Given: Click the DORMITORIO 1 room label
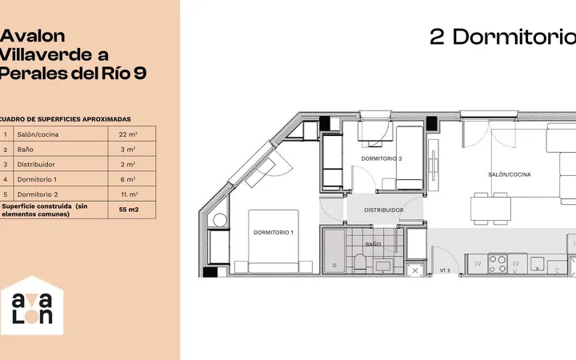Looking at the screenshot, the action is [x=274, y=233].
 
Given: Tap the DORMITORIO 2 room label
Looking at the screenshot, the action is [x=382, y=158].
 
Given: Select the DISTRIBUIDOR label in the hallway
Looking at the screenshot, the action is [x=384, y=210].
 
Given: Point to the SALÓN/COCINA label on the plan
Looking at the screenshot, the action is [x=509, y=174].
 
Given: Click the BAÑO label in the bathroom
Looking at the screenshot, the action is [x=373, y=244].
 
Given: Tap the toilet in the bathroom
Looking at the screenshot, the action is [x=360, y=263].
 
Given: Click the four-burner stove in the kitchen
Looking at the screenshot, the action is [x=498, y=264].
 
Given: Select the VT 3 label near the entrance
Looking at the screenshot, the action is [x=445, y=270].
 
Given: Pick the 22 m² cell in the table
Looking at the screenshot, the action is [x=128, y=134].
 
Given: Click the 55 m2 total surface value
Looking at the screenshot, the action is [x=129, y=210].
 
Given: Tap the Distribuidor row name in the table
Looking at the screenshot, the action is [x=36, y=165].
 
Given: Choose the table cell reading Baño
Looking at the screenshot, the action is [x=25, y=150].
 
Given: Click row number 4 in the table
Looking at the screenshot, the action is [x=6, y=180].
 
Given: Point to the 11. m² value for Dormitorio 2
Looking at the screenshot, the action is [x=130, y=194].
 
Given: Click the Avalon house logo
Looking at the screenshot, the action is [x=32, y=306].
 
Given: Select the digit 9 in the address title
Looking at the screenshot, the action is [x=139, y=74].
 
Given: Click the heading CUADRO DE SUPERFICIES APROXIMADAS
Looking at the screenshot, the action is [x=66, y=119].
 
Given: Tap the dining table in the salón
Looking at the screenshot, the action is [x=490, y=209].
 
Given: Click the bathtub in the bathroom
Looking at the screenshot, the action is [x=334, y=251].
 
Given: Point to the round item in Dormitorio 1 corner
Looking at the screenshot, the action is [x=220, y=221].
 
